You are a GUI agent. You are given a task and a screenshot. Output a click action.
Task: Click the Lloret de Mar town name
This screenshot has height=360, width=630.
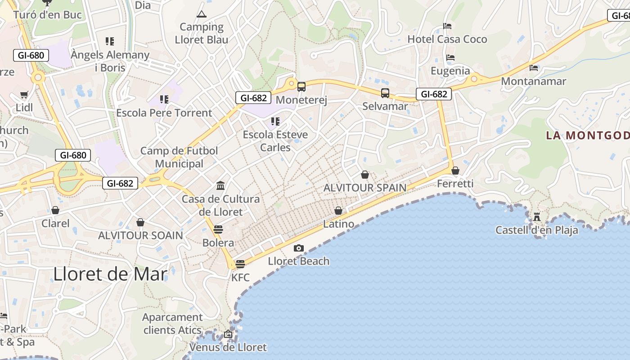(110, 274)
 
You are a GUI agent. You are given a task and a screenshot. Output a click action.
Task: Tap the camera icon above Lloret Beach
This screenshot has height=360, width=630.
(298, 248)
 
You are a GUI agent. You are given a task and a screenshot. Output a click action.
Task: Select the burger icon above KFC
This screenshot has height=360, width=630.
(240, 264)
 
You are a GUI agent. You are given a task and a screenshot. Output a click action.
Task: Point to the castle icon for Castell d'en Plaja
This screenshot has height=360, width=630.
(536, 217)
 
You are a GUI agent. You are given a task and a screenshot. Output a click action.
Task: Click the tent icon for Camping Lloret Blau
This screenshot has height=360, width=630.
(201, 14)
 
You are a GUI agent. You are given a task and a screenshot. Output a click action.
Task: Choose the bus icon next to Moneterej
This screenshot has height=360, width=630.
(301, 87)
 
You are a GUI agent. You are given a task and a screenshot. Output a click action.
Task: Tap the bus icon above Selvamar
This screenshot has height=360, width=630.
(385, 93)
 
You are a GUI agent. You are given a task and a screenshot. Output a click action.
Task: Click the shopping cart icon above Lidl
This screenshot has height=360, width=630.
(24, 95)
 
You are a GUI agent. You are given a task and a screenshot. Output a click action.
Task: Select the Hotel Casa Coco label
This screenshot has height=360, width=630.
(447, 39)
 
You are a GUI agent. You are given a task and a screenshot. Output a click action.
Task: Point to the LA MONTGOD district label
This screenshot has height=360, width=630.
(587, 135)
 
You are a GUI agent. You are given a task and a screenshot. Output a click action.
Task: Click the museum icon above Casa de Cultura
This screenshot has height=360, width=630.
(220, 185)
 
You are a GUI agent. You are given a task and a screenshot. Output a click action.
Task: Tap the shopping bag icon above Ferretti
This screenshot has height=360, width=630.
(455, 171)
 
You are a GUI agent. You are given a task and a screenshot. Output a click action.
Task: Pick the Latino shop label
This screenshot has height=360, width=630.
(338, 224)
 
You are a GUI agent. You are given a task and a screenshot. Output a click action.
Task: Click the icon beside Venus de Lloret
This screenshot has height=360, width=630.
(228, 334)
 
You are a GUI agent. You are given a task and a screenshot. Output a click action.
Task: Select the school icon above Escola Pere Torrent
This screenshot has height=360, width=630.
(164, 99)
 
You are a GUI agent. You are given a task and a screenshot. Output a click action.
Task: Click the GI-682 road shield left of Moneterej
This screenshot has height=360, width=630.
(254, 98)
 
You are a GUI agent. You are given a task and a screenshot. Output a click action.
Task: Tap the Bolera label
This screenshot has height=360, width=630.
(218, 243)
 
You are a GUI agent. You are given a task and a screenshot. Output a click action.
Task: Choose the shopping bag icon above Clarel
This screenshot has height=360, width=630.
(55, 210)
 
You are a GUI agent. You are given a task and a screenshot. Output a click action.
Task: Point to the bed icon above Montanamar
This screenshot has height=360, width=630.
(534, 68)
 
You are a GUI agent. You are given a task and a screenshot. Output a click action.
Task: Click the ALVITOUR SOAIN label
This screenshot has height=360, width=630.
(140, 235)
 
